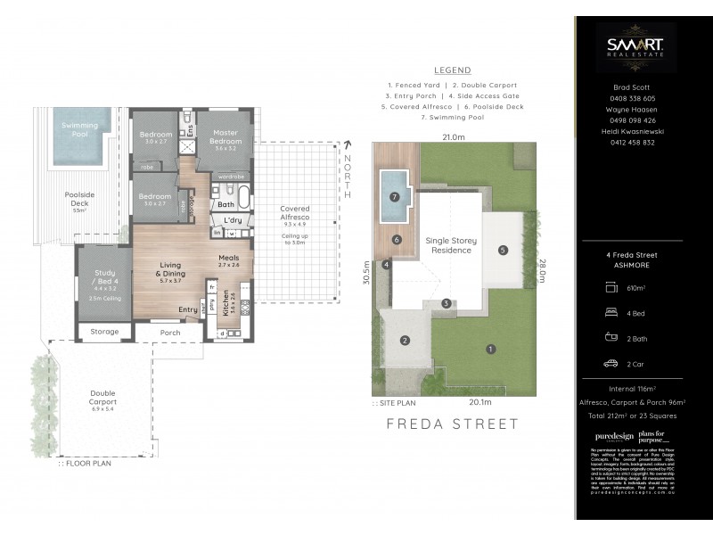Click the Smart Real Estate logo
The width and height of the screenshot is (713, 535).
coord(635,47)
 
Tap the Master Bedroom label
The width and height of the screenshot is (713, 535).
coord(225,141)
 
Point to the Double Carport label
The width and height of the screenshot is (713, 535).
coord(102,398)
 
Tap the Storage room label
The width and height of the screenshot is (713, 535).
coord(104,333)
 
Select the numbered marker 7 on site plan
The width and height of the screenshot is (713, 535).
coord(393,197)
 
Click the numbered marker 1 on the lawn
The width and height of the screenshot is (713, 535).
coord(490,349)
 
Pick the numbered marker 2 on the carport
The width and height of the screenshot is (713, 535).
coord(405,340)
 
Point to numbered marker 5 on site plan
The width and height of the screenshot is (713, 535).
coord(504,251)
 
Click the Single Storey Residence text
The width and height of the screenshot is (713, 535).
coord(450,245)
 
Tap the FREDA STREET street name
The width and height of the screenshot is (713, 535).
coord(452,424)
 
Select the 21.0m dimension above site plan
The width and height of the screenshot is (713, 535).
coord(453,137)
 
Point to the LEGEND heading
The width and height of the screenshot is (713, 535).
coord(452,70)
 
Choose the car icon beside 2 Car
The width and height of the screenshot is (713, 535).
coord(611,363)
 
